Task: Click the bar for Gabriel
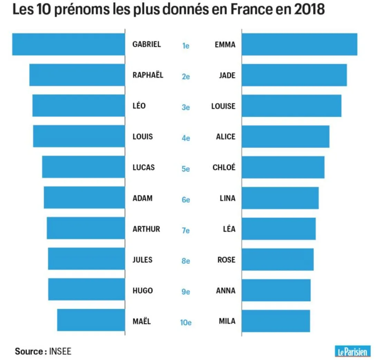[x=68, y=44]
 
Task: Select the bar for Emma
[x=299, y=44]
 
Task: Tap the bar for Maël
[x=91, y=320]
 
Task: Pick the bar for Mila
[x=276, y=321]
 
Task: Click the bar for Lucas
[x=83, y=167]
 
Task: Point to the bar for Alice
[x=285, y=136]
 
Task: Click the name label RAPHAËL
[x=148, y=75]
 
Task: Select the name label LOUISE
[x=223, y=106]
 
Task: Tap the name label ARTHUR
[x=146, y=229]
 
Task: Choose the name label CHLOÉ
[x=224, y=168]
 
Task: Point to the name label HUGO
[x=142, y=291]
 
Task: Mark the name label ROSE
[x=226, y=260]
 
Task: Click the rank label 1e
[x=186, y=46]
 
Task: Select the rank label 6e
[x=186, y=200]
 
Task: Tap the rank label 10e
[x=186, y=323]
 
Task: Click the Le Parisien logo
[x=352, y=351]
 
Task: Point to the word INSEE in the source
[x=60, y=352]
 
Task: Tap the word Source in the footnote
[x=29, y=352]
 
